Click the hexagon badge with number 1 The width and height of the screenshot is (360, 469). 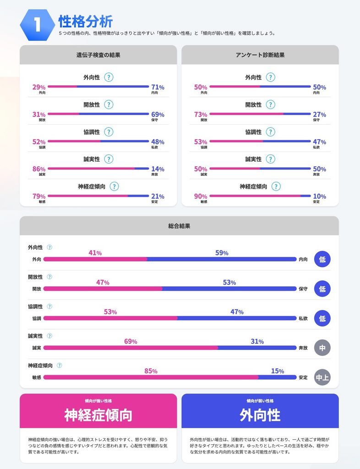(38, 25)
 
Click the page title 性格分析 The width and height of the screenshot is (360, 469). (86, 21)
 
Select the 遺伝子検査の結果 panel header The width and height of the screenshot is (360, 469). (98, 55)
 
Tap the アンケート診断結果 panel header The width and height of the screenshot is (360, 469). (260, 55)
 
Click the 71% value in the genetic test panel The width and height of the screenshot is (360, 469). (158, 87)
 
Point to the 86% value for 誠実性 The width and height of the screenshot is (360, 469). (39, 169)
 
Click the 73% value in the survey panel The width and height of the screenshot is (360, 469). (201, 115)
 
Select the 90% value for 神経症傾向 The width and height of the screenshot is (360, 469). (201, 196)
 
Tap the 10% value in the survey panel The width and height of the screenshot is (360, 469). (319, 196)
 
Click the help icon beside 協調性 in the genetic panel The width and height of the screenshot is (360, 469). (109, 132)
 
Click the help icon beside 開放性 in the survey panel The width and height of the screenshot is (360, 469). (271, 105)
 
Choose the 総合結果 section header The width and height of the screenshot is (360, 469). (179, 226)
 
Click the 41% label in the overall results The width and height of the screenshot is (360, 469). (95, 253)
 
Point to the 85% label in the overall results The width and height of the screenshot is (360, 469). (151, 371)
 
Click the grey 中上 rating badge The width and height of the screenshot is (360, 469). (322, 377)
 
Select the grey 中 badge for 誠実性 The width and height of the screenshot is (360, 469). (322, 348)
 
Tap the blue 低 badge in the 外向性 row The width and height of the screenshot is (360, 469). (322, 259)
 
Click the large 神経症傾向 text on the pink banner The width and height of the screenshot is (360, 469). (98, 415)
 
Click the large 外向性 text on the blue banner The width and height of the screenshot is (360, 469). (260, 415)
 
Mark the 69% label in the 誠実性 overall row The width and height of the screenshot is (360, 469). (131, 341)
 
